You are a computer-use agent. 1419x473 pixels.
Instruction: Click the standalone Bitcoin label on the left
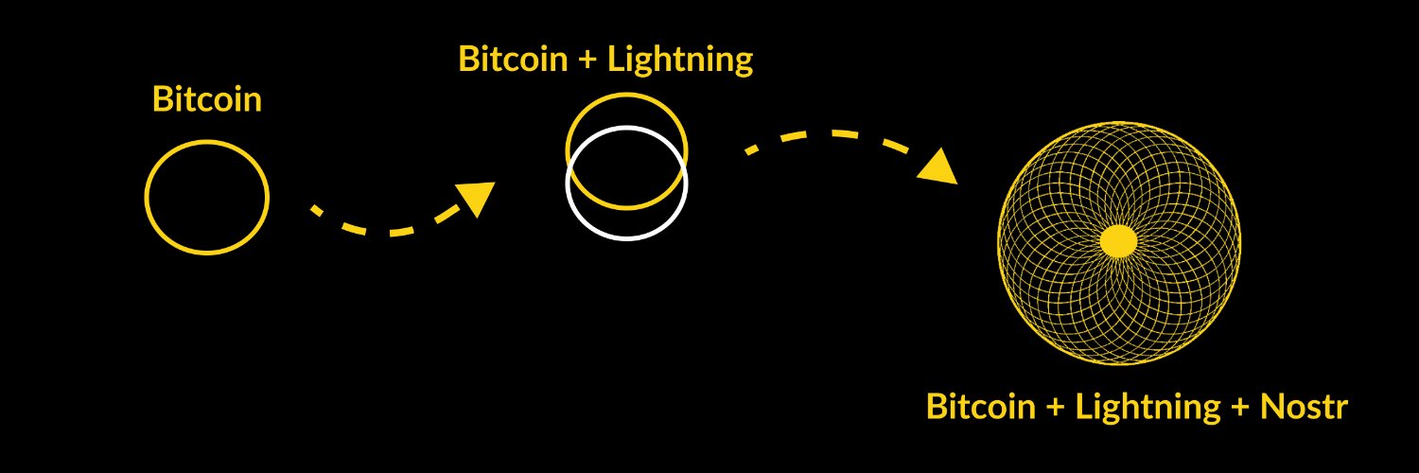pyautogui.click(x=206, y=100)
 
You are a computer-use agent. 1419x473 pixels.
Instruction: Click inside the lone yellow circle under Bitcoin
pyautogui.click(x=206, y=197)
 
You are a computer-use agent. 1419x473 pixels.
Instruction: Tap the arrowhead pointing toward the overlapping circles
pyautogui.click(x=476, y=197)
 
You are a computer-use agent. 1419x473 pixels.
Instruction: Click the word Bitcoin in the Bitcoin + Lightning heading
pyautogui.click(x=513, y=60)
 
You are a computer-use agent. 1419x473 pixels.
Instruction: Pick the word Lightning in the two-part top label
pyautogui.click(x=679, y=60)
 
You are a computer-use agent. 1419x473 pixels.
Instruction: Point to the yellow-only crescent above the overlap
pyautogui.click(x=626, y=112)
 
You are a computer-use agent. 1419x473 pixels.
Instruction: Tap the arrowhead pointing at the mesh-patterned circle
pyautogui.click(x=938, y=167)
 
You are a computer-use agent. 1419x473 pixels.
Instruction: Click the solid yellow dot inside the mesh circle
pyautogui.click(x=1118, y=240)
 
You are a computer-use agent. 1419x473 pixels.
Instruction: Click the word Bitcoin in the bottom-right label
pyautogui.click(x=981, y=407)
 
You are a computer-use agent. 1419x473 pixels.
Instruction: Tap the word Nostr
pyautogui.click(x=1304, y=407)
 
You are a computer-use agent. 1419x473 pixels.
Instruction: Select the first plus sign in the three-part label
pyautogui.click(x=1055, y=409)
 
